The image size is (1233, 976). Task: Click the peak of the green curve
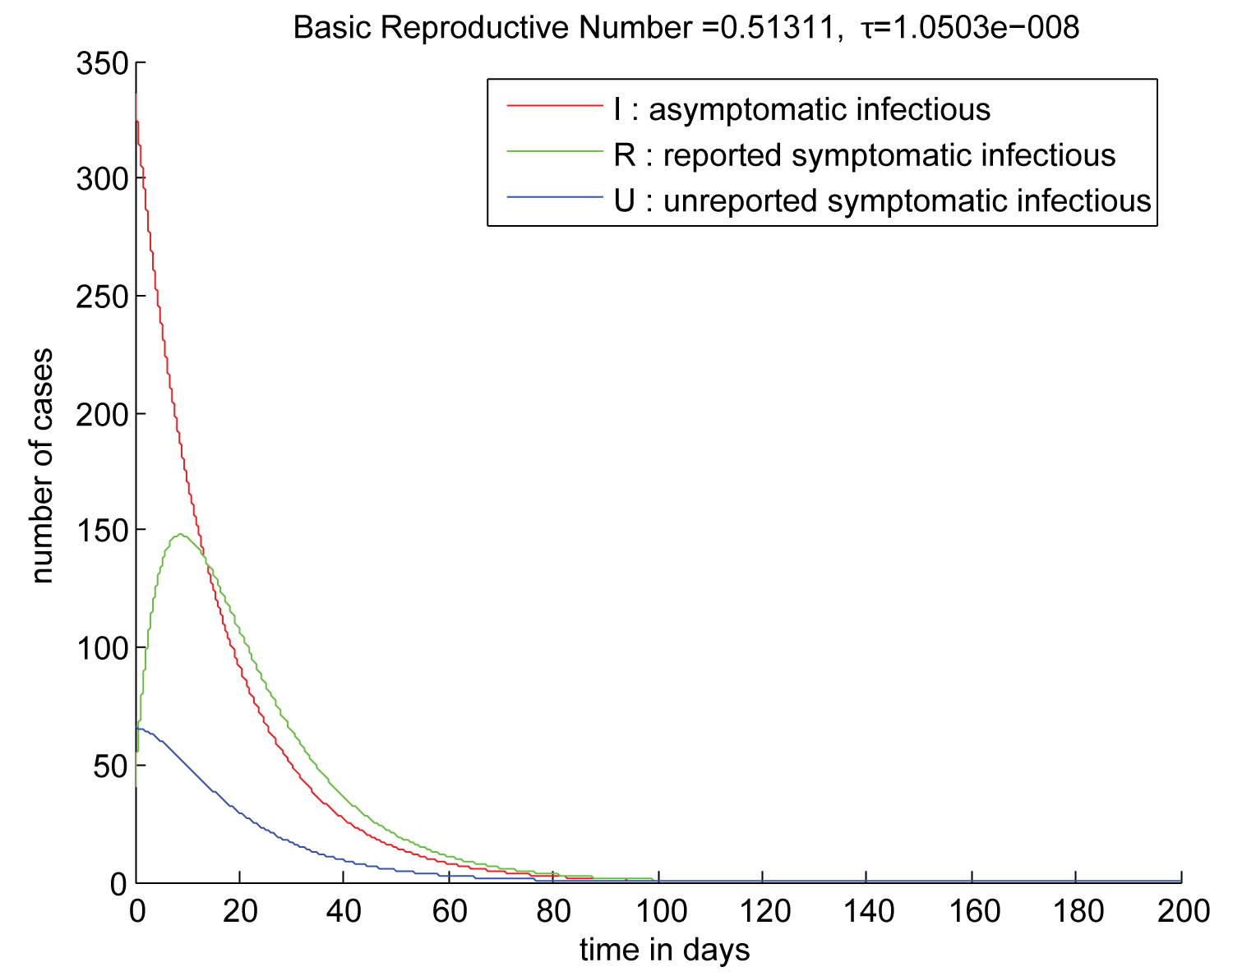click(x=178, y=535)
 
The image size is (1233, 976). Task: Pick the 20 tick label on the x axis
click(x=239, y=910)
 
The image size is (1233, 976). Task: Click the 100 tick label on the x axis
click(x=658, y=910)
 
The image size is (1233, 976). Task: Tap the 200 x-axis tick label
click(x=1180, y=910)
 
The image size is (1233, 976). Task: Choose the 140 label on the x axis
click(x=866, y=910)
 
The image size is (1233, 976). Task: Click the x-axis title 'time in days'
click(x=664, y=951)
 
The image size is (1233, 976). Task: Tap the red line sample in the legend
click(x=554, y=106)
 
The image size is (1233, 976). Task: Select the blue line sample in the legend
click(x=554, y=197)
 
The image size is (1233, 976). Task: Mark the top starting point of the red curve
click(x=136, y=95)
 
